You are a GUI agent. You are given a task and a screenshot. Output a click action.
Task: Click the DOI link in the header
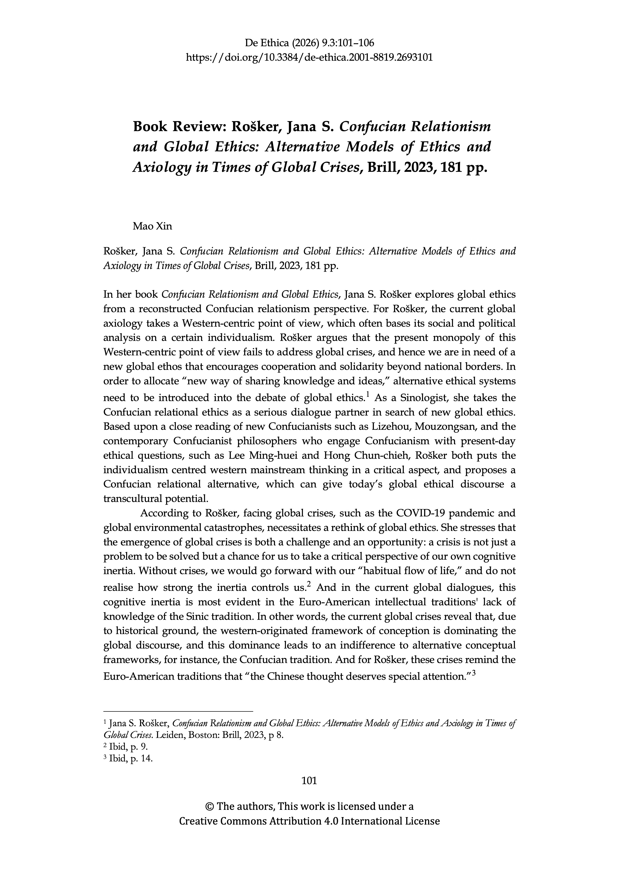pos(309,58)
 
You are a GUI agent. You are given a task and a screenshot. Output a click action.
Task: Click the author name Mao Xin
pos(152,226)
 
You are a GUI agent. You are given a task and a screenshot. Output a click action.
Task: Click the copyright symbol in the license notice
pos(209,807)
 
